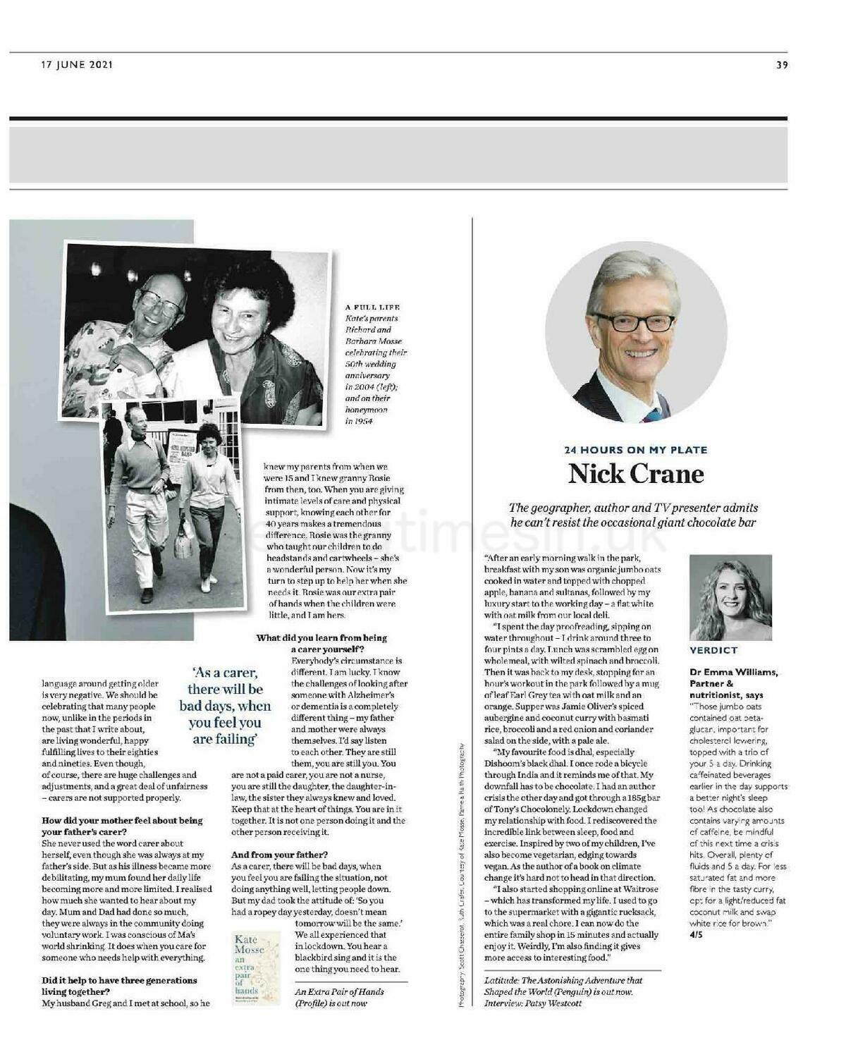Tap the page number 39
click(x=782, y=65)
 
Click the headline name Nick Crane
click(x=636, y=474)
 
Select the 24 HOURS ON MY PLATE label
click(x=636, y=450)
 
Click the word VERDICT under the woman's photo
click(x=713, y=650)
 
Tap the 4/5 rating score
click(x=696, y=935)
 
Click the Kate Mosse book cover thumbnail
click(x=256, y=968)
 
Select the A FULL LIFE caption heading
click(x=372, y=307)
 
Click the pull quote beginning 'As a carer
click(x=225, y=706)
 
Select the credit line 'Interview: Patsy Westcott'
click(x=533, y=1003)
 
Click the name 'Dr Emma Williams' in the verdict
click(x=733, y=672)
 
